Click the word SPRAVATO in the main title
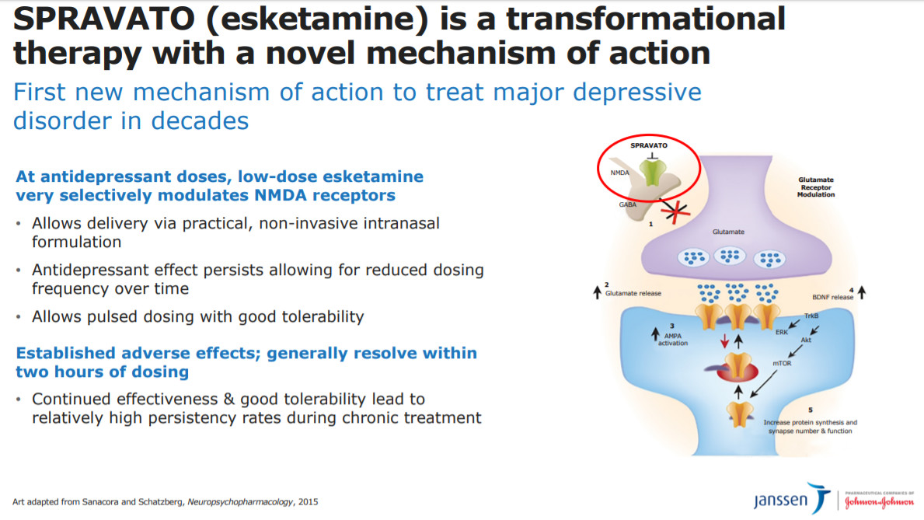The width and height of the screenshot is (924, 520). click(104, 19)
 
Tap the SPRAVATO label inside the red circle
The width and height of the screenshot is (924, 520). click(649, 145)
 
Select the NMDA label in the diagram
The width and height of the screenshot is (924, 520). click(619, 173)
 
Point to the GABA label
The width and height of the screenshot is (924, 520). click(628, 204)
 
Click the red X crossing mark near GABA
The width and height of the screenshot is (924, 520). click(674, 211)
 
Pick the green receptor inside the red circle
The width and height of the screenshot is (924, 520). click(652, 173)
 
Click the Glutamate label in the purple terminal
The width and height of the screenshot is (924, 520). click(728, 232)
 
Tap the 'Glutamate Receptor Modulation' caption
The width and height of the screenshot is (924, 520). click(816, 187)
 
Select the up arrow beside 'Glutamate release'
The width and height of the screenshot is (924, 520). click(597, 291)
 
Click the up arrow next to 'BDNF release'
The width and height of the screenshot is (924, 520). click(862, 291)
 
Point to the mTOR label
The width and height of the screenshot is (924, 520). click(782, 363)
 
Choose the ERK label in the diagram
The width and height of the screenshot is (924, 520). click(781, 333)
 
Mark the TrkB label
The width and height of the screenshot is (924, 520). click(811, 316)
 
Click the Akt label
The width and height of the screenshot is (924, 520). click(806, 340)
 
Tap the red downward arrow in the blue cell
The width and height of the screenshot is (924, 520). click(725, 340)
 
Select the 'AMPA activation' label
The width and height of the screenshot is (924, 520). click(673, 340)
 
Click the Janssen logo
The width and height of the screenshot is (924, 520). click(791, 499)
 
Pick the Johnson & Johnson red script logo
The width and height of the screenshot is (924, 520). click(879, 501)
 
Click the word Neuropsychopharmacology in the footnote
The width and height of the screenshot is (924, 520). click(240, 502)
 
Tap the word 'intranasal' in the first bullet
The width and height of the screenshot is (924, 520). click(403, 223)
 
